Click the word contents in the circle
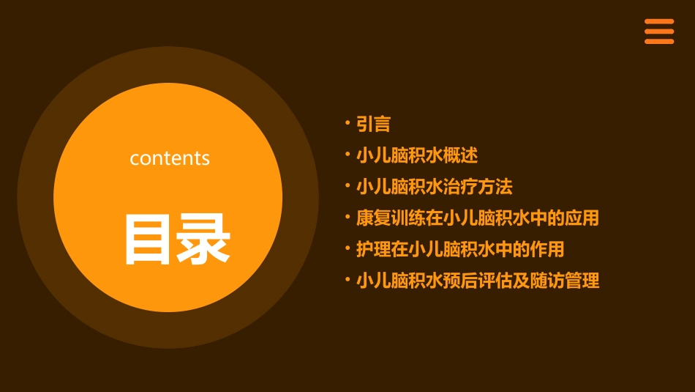170,158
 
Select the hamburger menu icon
658,32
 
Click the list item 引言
373,125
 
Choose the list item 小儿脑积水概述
417,156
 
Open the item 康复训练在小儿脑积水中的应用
477,218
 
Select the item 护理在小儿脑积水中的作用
460,249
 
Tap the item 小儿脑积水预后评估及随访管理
477,281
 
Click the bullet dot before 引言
347,122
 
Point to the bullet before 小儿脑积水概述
347,154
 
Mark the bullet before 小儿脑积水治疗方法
347,185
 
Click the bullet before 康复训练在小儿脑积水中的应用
347,216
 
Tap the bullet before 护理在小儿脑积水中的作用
347,247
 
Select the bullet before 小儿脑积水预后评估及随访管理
347,278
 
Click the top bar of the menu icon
658,22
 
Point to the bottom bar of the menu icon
658,41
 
